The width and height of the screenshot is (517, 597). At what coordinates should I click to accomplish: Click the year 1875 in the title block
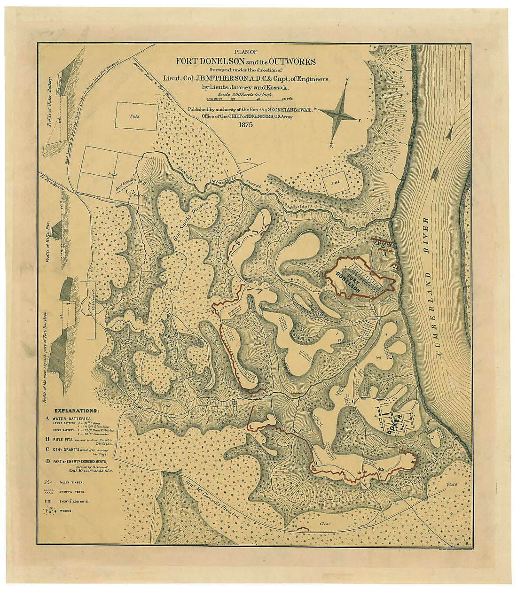click(245, 125)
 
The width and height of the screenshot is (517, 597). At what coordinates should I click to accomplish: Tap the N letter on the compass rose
click(347, 79)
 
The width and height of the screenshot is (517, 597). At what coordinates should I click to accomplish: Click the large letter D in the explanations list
click(47, 461)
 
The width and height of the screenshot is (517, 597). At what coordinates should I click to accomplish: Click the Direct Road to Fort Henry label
click(148, 78)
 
